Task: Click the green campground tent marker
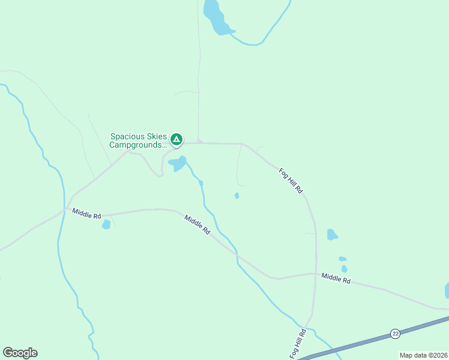(x=176, y=140)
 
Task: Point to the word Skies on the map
(x=157, y=137)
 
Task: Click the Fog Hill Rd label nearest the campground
(x=291, y=181)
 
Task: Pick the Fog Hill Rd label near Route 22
(x=298, y=344)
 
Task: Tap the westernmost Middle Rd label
(x=86, y=213)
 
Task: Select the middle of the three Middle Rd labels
(x=197, y=224)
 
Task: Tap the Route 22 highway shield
(x=394, y=334)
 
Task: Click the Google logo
(x=20, y=353)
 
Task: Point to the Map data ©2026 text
(x=423, y=355)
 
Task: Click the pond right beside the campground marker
(x=178, y=163)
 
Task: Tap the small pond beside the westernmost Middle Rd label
(x=106, y=225)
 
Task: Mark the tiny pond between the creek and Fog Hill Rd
(x=237, y=196)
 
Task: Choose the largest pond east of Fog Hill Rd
(x=332, y=235)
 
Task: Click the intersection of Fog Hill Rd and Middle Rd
(x=315, y=274)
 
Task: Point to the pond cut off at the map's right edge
(x=447, y=290)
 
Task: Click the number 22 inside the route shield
(x=394, y=334)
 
